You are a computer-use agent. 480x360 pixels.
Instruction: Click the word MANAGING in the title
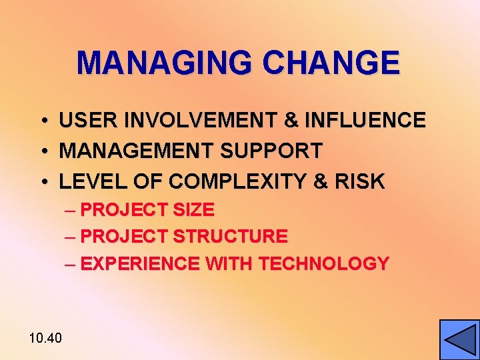click(165, 63)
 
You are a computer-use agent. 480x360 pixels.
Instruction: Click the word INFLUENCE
click(365, 121)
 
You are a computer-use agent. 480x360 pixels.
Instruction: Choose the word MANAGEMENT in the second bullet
click(137, 151)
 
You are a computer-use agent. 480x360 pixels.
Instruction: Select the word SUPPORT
click(271, 151)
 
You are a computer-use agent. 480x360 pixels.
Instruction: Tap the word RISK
click(361, 181)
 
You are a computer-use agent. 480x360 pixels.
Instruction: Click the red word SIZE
click(193, 210)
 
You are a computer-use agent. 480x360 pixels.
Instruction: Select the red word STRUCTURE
click(230, 237)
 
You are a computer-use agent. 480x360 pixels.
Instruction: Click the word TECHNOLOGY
click(323, 264)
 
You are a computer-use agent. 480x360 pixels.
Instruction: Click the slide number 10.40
click(45, 338)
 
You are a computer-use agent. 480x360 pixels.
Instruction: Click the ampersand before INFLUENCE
click(291, 121)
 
